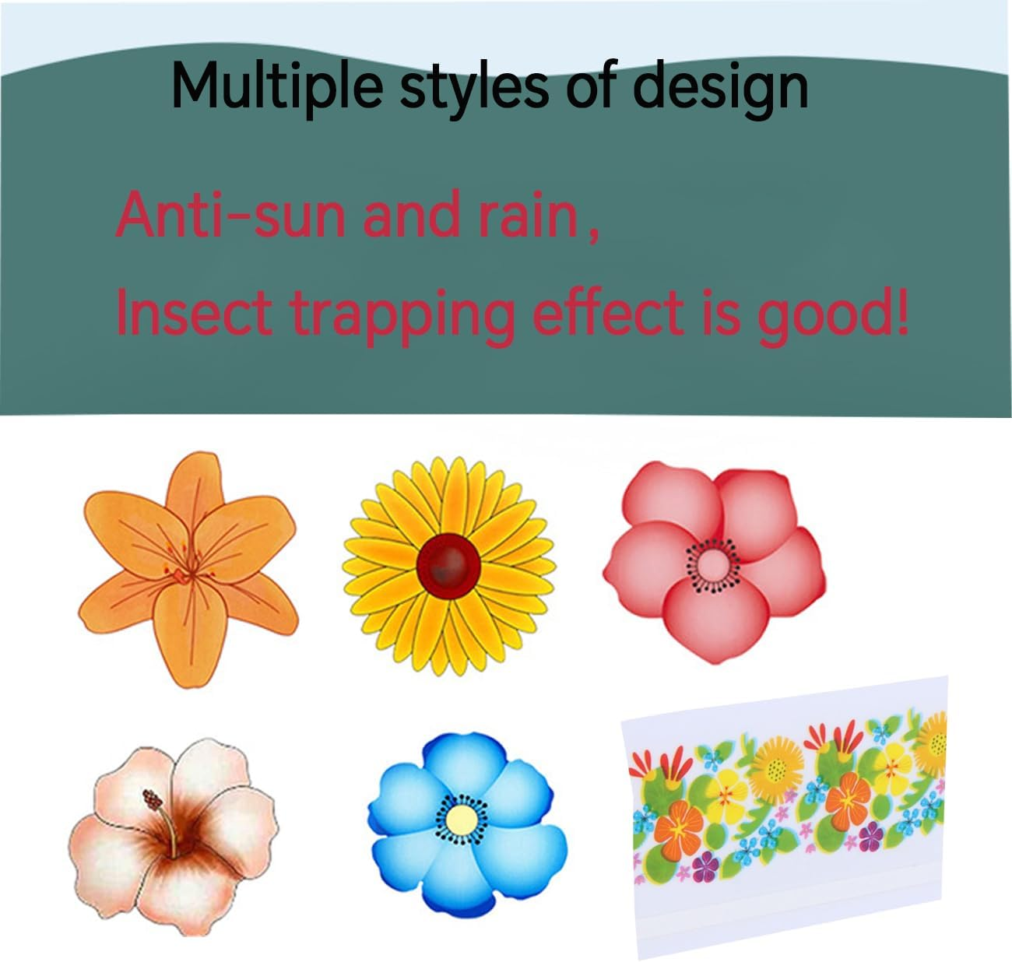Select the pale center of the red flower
click(712, 564)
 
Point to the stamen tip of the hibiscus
click(147, 797)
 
